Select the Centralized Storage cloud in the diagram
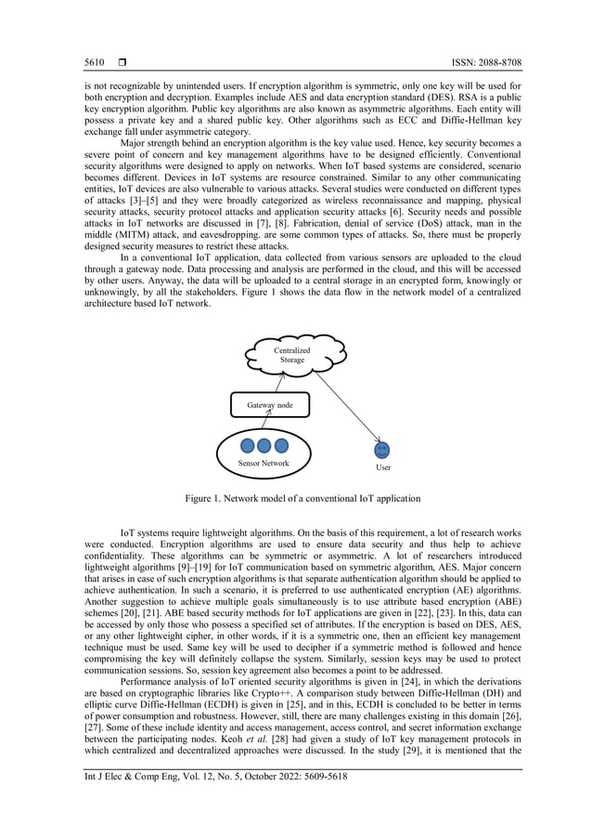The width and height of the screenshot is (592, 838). pyautogui.click(x=292, y=355)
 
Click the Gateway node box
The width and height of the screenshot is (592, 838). pyautogui.click(x=269, y=405)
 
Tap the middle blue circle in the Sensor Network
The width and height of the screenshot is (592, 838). pyautogui.click(x=264, y=446)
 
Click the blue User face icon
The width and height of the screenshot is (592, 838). pyautogui.click(x=382, y=450)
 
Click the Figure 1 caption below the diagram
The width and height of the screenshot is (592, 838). pyautogui.click(x=302, y=499)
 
